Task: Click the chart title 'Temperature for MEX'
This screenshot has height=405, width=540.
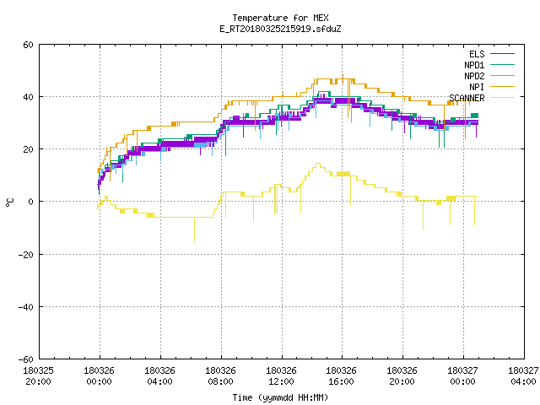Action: [x=280, y=18]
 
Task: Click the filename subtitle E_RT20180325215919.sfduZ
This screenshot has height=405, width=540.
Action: [x=280, y=29]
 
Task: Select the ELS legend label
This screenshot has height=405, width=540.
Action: [x=477, y=54]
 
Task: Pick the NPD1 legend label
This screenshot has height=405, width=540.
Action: [x=474, y=65]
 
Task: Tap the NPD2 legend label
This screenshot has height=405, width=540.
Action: [x=474, y=76]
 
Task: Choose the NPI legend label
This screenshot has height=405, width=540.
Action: [x=477, y=87]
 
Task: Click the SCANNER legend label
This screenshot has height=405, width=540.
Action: [x=467, y=98]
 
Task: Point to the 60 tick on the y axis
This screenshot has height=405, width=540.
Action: [x=28, y=45]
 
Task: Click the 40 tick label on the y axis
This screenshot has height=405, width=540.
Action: [x=28, y=97]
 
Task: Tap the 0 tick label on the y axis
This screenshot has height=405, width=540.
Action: [x=30, y=202]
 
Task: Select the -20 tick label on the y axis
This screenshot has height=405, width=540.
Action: [x=26, y=255]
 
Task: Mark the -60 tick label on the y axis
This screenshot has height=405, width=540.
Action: [x=26, y=359]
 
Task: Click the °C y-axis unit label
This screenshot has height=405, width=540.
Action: [x=10, y=202]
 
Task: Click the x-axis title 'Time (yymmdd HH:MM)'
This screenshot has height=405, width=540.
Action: [x=280, y=397]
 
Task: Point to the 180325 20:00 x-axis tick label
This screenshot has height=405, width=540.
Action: [x=38, y=376]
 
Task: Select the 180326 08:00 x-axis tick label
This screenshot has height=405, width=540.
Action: [x=220, y=376]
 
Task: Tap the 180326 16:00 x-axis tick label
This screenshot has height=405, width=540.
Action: [x=341, y=376]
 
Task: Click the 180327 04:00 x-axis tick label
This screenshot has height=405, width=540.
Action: [x=523, y=376]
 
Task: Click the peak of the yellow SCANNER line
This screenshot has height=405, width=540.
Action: [x=318, y=164]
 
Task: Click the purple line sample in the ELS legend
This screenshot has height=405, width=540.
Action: [x=502, y=54]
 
